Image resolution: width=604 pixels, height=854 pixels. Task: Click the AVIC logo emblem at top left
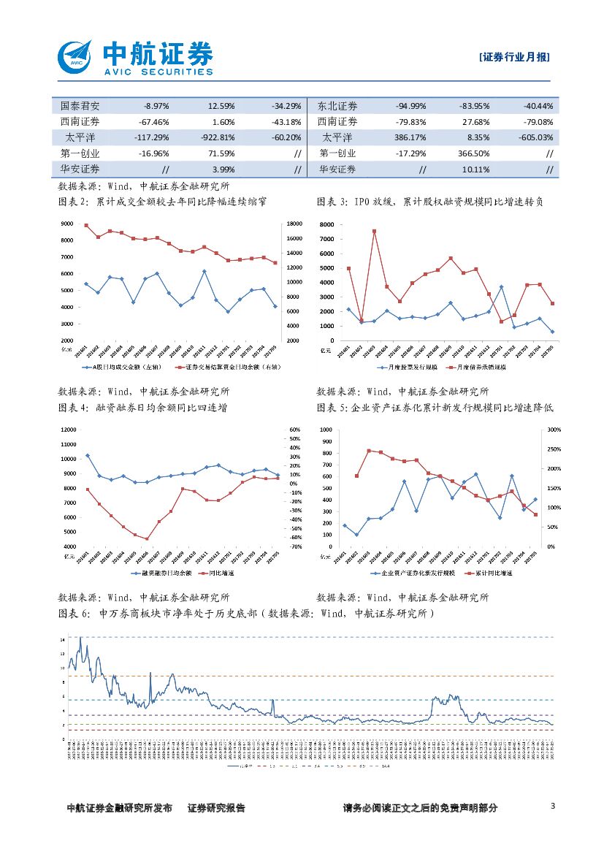click(x=74, y=55)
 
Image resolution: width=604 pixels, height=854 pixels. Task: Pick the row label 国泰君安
click(x=80, y=105)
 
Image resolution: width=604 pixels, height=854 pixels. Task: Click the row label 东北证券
click(x=338, y=105)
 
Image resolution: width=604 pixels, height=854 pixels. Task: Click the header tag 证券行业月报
click(x=515, y=58)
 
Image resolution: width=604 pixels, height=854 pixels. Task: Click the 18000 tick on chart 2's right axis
click(x=290, y=224)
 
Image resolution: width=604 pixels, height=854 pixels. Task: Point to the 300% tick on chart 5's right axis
click(x=552, y=430)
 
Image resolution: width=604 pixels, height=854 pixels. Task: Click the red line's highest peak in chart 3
click(x=374, y=231)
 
